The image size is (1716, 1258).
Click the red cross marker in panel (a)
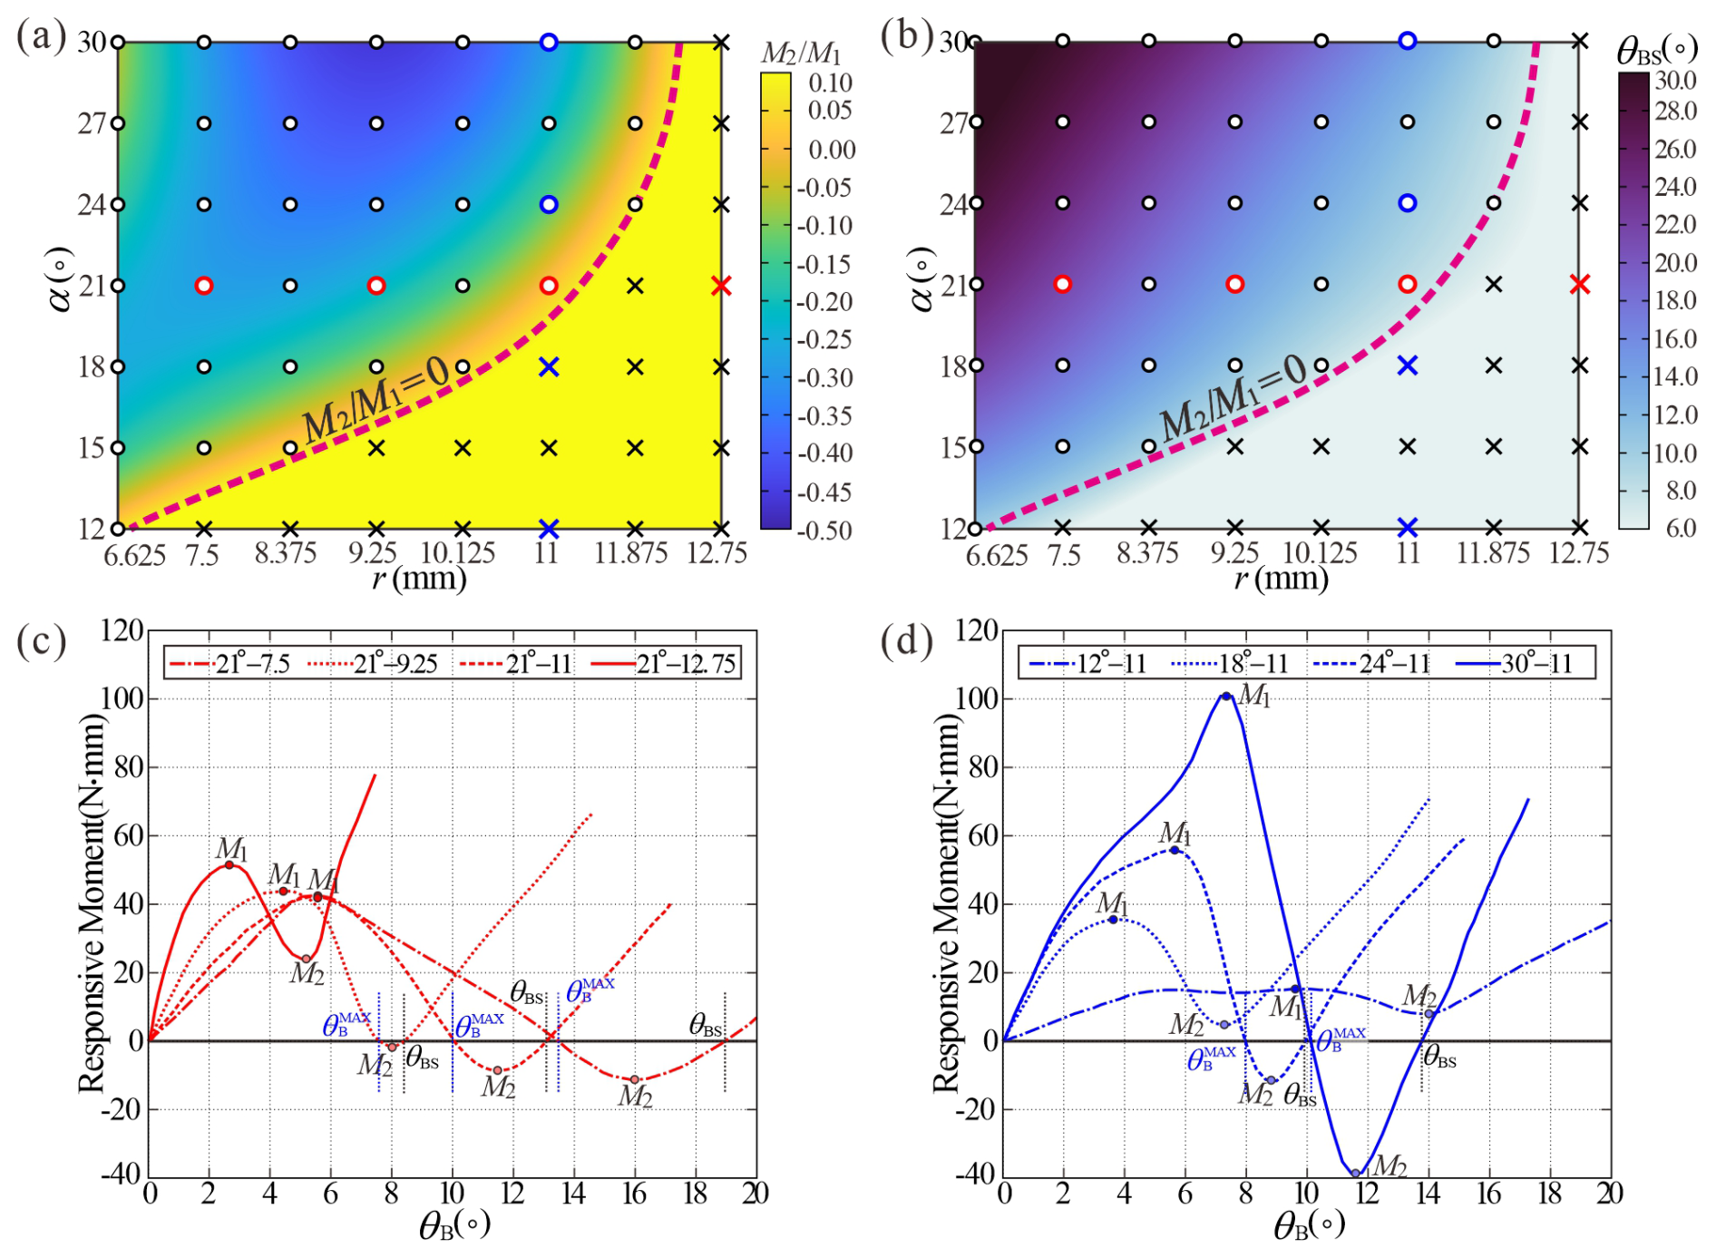point(721,286)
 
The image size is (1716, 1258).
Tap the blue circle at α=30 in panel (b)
point(1408,41)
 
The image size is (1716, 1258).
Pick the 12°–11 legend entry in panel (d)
point(1087,664)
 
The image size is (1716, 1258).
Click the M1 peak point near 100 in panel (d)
point(1226,697)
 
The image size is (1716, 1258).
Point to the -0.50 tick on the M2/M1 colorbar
point(830,531)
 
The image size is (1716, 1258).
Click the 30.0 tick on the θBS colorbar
point(1675,81)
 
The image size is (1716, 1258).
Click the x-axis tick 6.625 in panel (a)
point(134,554)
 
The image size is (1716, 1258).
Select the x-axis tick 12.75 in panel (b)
point(1579,553)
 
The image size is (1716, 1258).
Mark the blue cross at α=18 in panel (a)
point(549,366)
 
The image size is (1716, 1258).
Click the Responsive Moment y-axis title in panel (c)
point(92,902)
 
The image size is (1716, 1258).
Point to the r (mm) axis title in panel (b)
point(1281,578)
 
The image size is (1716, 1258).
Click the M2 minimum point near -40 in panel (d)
point(1356,1174)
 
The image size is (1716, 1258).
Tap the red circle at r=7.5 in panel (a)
point(204,286)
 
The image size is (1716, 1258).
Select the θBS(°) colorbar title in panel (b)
point(1656,51)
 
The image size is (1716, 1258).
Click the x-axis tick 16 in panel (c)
point(634,1194)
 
